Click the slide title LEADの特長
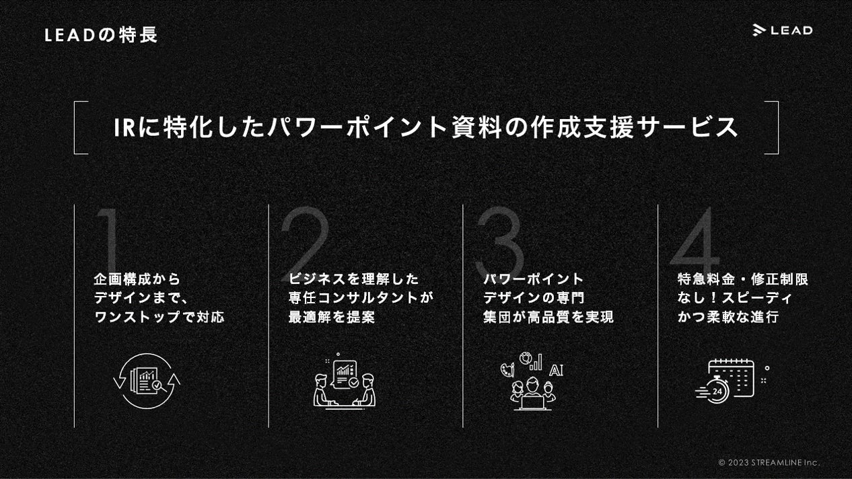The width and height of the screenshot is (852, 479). [101, 35]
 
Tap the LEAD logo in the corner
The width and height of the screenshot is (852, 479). [782, 30]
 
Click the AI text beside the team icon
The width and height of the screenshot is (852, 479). [556, 370]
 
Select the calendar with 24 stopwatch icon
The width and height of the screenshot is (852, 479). [728, 381]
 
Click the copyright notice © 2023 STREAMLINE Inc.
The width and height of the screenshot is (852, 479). [769, 462]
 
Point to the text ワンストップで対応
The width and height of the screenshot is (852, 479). [159, 317]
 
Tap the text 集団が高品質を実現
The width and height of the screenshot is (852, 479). [548, 317]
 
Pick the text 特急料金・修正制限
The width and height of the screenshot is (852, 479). [742, 279]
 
